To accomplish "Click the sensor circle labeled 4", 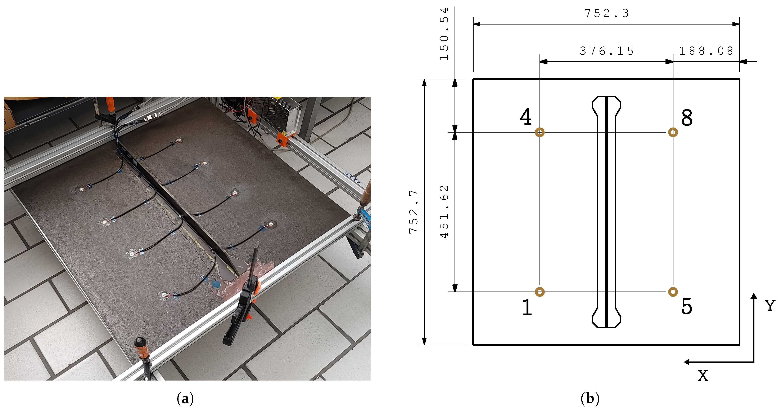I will coord(540,132).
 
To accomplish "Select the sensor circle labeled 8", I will coord(673,132).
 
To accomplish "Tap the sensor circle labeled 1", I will coord(540,292).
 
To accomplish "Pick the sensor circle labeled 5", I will coord(673,292).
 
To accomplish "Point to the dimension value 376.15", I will coord(607,51).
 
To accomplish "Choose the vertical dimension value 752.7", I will coord(414,212).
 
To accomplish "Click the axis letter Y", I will coord(770,305).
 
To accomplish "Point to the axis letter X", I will coord(703,376).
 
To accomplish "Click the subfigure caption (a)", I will coord(185,398).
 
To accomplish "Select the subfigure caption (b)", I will coord(590,398).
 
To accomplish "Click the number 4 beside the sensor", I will coord(526,117).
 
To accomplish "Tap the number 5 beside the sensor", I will coord(687,306).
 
